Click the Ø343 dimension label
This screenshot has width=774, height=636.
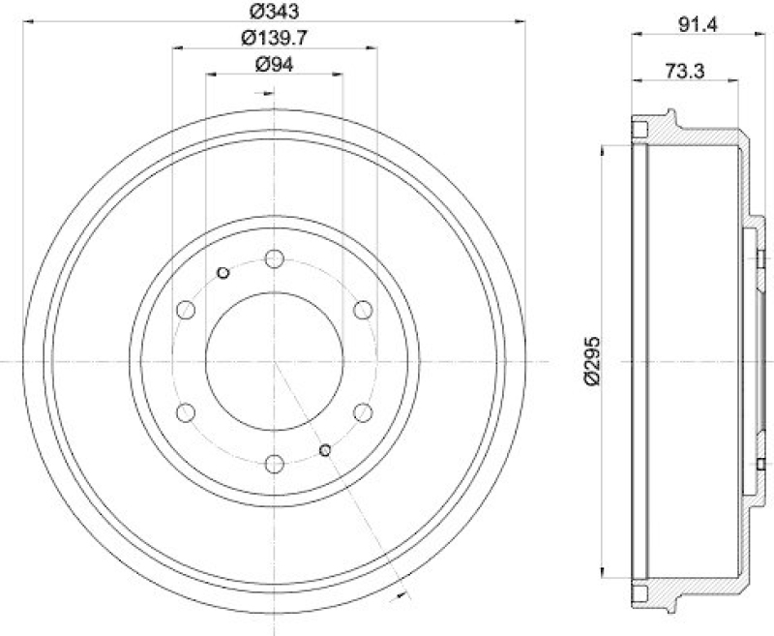point(272,12)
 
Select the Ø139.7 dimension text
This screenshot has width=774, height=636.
point(272,38)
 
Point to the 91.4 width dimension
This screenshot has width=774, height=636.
point(688,27)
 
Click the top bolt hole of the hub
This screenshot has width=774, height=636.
point(274,259)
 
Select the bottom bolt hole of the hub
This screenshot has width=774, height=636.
point(274,464)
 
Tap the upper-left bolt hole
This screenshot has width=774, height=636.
point(186,310)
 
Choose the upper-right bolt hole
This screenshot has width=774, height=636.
point(363,310)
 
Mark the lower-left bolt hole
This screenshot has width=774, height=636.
point(186,412)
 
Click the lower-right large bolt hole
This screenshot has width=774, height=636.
point(363,412)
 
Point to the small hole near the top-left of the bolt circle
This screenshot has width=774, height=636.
point(223,273)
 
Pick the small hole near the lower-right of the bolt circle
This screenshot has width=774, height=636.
point(326,449)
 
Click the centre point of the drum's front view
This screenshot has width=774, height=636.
point(274,361)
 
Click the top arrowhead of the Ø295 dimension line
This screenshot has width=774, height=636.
point(604,151)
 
